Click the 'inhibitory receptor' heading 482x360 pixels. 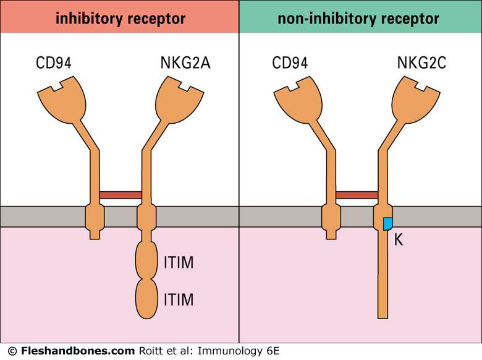click(120, 18)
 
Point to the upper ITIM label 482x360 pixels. click(179, 263)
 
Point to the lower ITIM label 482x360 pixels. click(179, 301)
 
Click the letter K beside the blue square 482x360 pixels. click(399, 239)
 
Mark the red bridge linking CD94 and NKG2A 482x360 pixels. click(120, 195)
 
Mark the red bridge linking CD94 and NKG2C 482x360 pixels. click(357, 195)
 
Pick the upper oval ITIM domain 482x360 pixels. click(146, 260)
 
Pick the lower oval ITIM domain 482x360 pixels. click(146, 299)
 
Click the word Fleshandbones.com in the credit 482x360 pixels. click(77, 351)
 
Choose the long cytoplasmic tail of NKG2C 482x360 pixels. click(383, 278)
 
